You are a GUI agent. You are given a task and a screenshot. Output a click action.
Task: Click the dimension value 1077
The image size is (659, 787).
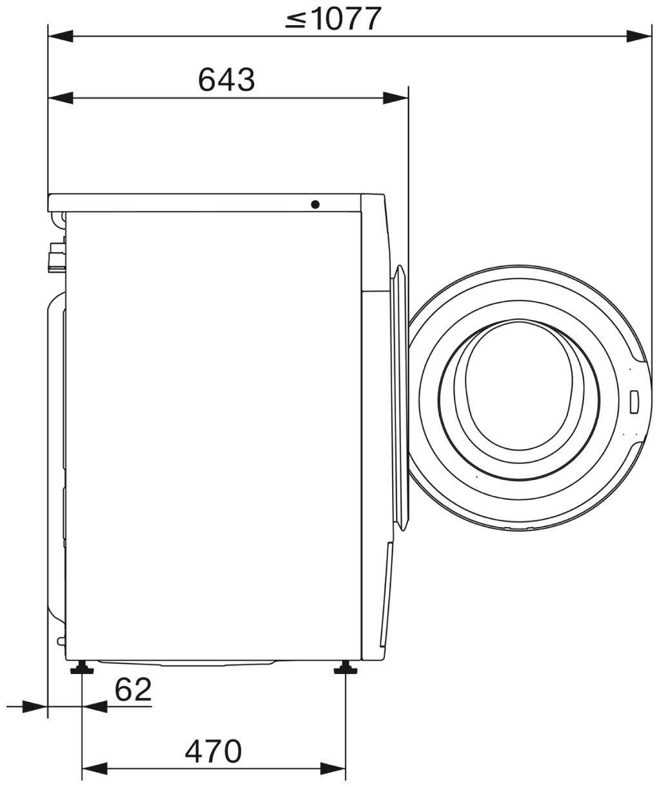347,18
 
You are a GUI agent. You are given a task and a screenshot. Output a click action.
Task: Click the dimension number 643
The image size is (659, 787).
226,79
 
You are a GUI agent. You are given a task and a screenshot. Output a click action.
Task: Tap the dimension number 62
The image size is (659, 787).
133,690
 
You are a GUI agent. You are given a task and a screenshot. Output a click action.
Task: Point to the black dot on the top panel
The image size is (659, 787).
315,204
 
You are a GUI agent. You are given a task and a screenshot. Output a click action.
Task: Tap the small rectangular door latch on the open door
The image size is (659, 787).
634,402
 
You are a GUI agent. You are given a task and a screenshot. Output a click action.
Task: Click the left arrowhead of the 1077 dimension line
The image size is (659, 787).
60,37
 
